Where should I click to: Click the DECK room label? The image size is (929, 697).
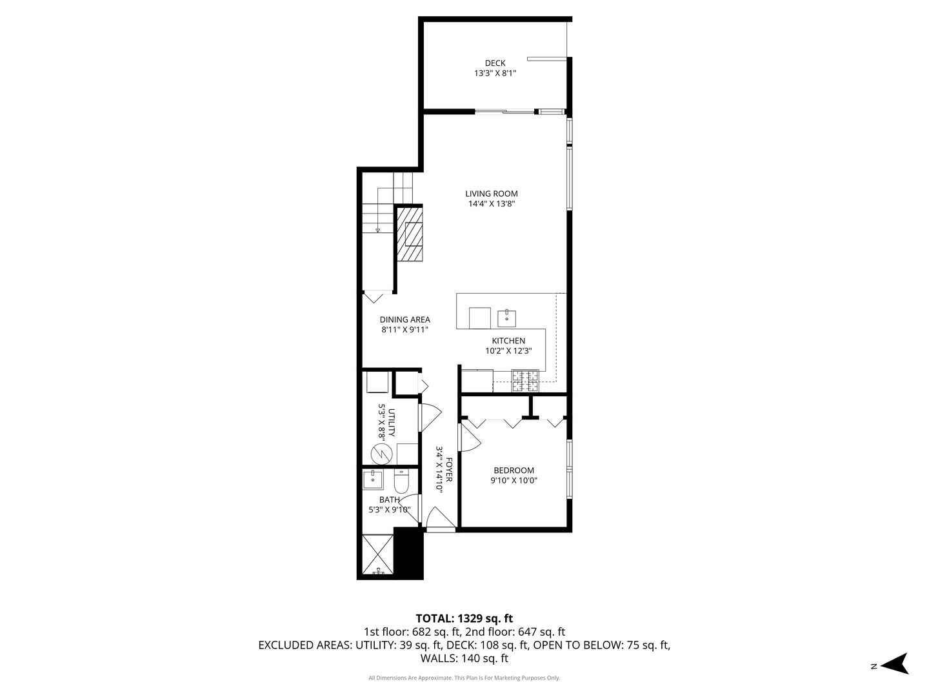(495, 63)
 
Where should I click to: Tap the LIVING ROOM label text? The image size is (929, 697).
(492, 194)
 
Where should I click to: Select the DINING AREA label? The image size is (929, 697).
(405, 319)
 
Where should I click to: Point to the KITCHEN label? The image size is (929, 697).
(508, 341)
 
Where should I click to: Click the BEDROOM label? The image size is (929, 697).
(514, 470)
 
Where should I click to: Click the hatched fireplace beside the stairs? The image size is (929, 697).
(409, 233)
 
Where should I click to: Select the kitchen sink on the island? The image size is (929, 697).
(506, 318)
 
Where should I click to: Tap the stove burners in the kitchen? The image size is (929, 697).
(525, 381)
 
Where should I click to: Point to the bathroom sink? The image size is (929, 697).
(373, 480)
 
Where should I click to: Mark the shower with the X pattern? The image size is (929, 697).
(377, 554)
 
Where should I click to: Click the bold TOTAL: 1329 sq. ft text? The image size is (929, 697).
(464, 618)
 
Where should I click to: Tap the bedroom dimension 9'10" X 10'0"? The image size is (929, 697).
(514, 480)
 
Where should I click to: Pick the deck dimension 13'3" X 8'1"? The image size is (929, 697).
(495, 74)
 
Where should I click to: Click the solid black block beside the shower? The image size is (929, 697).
(408, 553)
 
